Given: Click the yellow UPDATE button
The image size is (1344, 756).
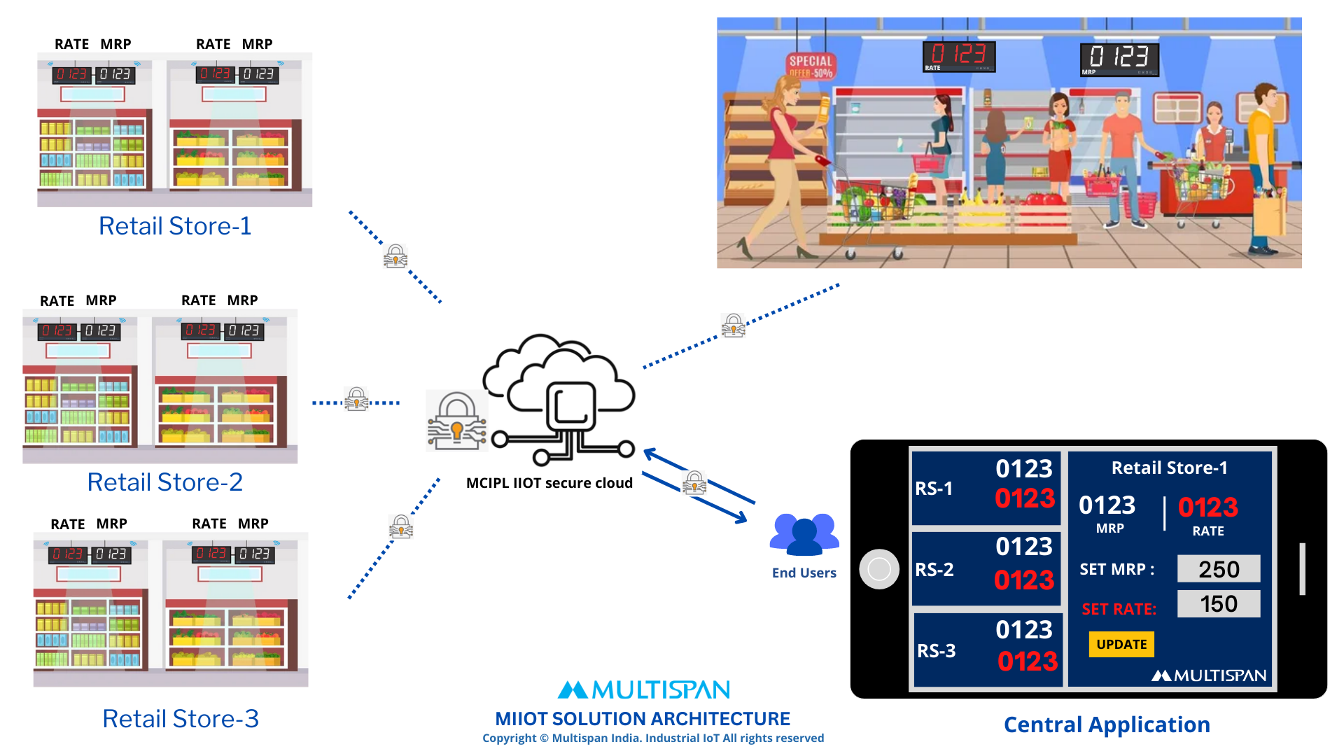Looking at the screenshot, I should [1121, 644].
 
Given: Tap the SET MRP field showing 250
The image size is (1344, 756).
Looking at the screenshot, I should [1219, 569].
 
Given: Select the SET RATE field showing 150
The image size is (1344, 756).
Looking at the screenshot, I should [1219, 603].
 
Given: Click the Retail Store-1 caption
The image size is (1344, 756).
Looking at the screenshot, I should [175, 226].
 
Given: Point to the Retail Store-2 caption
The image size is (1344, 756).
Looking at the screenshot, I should [165, 482].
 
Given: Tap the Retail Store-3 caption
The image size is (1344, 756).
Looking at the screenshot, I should [181, 719].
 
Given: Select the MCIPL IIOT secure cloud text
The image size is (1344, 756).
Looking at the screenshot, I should [549, 483].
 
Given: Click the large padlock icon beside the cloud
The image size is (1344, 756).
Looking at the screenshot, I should [457, 420].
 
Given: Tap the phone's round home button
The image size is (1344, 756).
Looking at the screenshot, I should [879, 569].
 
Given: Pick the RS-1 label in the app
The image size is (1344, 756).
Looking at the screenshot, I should [934, 489].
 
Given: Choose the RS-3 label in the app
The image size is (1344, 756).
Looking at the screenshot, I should [936, 651].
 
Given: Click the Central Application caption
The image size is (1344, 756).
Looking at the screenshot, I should [1107, 724].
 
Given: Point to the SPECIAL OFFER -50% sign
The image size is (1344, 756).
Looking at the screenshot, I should [811, 65].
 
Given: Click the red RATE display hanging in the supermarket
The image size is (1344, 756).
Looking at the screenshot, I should [959, 55].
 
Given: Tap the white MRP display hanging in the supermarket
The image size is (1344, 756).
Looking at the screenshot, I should [1119, 59].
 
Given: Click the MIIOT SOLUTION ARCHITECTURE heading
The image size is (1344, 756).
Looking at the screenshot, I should [642, 719].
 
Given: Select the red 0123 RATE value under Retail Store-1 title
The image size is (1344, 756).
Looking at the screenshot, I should [1208, 507].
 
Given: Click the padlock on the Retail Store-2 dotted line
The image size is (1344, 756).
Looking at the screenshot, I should [357, 399].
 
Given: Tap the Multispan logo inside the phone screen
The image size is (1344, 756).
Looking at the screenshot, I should [1209, 675].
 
